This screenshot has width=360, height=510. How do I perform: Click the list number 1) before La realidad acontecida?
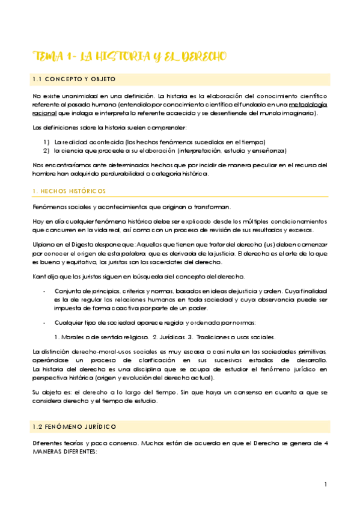[46, 141]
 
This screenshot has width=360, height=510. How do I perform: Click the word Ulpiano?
[44, 245]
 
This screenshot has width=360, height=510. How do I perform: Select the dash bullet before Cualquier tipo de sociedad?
[45, 322]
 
